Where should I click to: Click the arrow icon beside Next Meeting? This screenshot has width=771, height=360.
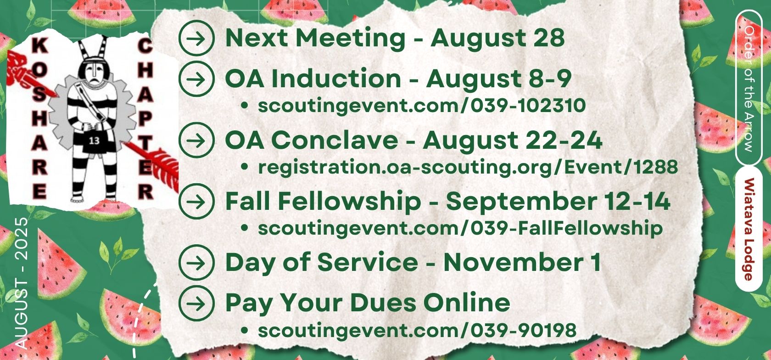197,38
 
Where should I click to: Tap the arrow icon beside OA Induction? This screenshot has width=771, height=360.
197,79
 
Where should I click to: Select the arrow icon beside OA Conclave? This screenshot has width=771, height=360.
197,141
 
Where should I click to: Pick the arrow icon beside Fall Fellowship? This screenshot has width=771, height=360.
197,202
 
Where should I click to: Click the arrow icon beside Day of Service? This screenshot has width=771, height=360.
197,263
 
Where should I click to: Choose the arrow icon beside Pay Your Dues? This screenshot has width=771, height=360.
197,304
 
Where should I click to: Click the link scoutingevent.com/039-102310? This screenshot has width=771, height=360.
422,106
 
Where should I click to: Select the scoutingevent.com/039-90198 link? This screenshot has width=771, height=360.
417,330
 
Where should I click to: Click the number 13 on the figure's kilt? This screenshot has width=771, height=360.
94,141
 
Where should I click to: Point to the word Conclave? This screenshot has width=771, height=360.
334,141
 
